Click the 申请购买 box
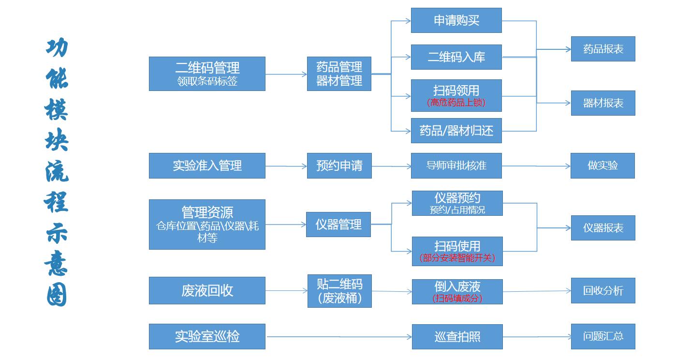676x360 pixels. click(x=456, y=20)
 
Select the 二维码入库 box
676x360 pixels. click(x=456, y=57)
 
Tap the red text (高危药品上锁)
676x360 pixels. click(x=456, y=103)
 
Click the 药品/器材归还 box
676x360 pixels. click(x=456, y=131)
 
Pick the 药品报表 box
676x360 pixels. click(x=603, y=49)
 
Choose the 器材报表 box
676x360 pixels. click(x=603, y=103)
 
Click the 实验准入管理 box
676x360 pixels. click(x=207, y=165)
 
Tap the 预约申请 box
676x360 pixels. click(x=339, y=165)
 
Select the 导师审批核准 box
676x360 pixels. click(x=456, y=165)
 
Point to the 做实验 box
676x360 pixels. click(x=603, y=165)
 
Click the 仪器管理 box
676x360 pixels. click(x=338, y=225)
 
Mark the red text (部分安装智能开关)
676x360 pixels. click(x=457, y=258)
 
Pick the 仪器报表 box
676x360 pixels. click(x=603, y=228)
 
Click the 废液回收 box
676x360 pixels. click(x=207, y=290)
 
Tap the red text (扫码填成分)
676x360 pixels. click(x=457, y=298)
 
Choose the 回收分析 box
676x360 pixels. click(x=603, y=290)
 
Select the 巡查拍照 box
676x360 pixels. click(x=457, y=336)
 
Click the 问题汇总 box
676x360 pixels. click(x=603, y=336)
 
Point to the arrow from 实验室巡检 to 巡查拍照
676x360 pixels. click(x=338, y=336)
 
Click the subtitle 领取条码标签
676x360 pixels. click(x=207, y=81)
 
